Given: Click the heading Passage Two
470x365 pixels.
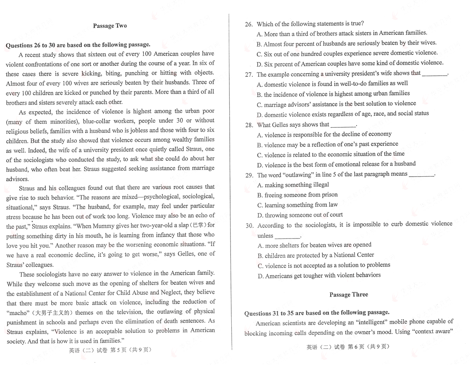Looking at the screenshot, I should [x=110, y=26].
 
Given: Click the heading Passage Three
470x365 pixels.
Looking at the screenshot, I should [x=349, y=295].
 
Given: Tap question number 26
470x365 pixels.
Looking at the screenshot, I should [x=249, y=24].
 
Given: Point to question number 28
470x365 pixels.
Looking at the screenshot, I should [x=249, y=125].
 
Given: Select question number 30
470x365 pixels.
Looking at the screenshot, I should [x=249, y=226].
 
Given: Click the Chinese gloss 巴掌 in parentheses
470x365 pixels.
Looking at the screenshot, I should [x=197, y=225].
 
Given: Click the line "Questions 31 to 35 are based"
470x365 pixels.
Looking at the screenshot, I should [x=317, y=313].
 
